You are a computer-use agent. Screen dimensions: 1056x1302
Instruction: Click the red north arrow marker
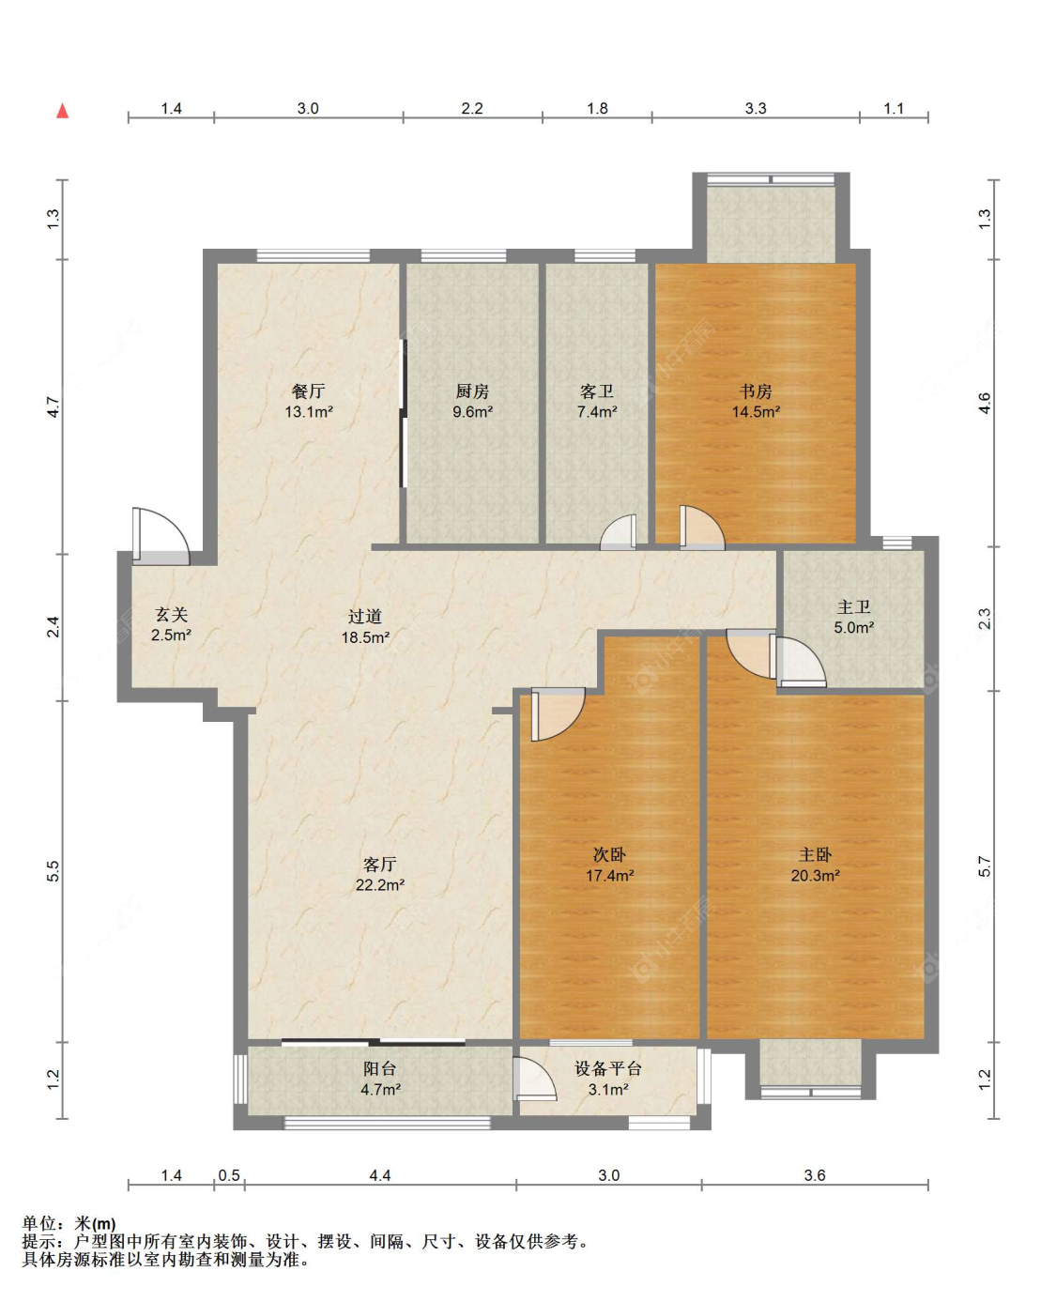[62, 111]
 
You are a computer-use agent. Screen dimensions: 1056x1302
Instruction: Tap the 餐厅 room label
[308, 391]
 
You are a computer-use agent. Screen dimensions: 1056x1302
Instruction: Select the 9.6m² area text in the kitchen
[472, 411]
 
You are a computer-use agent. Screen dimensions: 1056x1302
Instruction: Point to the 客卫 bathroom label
[596, 391]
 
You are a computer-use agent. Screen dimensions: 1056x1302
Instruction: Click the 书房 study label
[756, 391]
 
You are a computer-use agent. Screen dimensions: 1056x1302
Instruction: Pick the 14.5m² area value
[756, 411]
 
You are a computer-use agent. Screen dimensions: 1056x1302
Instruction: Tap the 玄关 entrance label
[171, 614]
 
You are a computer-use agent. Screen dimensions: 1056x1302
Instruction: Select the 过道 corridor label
[365, 616]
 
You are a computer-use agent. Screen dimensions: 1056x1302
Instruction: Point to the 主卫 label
[854, 606]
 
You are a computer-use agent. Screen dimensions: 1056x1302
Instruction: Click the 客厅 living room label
[379, 864]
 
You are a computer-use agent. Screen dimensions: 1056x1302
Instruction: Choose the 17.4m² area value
[609, 875]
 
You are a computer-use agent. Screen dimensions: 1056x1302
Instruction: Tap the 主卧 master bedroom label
[815, 854]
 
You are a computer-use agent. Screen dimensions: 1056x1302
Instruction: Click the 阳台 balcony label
[379, 1068]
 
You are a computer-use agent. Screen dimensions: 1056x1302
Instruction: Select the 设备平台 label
[608, 1068]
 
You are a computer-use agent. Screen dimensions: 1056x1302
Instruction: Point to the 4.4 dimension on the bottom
[379, 1175]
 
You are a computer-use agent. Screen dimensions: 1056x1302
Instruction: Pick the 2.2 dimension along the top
[472, 108]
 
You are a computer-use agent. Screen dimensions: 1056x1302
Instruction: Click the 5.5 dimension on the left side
[54, 871]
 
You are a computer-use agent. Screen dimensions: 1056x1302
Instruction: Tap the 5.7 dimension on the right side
[984, 866]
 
